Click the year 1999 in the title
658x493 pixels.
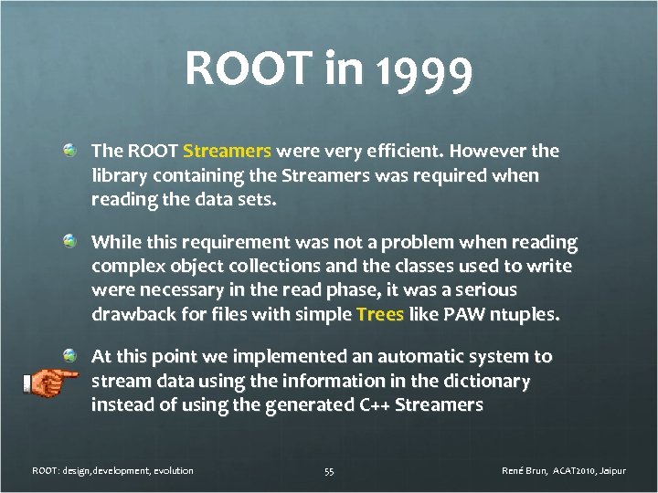424,70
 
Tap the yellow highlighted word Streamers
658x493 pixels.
228,150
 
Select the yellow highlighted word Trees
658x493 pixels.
380,314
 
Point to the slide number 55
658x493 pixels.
329,471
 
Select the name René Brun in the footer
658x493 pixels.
525,471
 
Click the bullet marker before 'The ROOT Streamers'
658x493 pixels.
69,148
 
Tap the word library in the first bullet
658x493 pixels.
117,173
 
